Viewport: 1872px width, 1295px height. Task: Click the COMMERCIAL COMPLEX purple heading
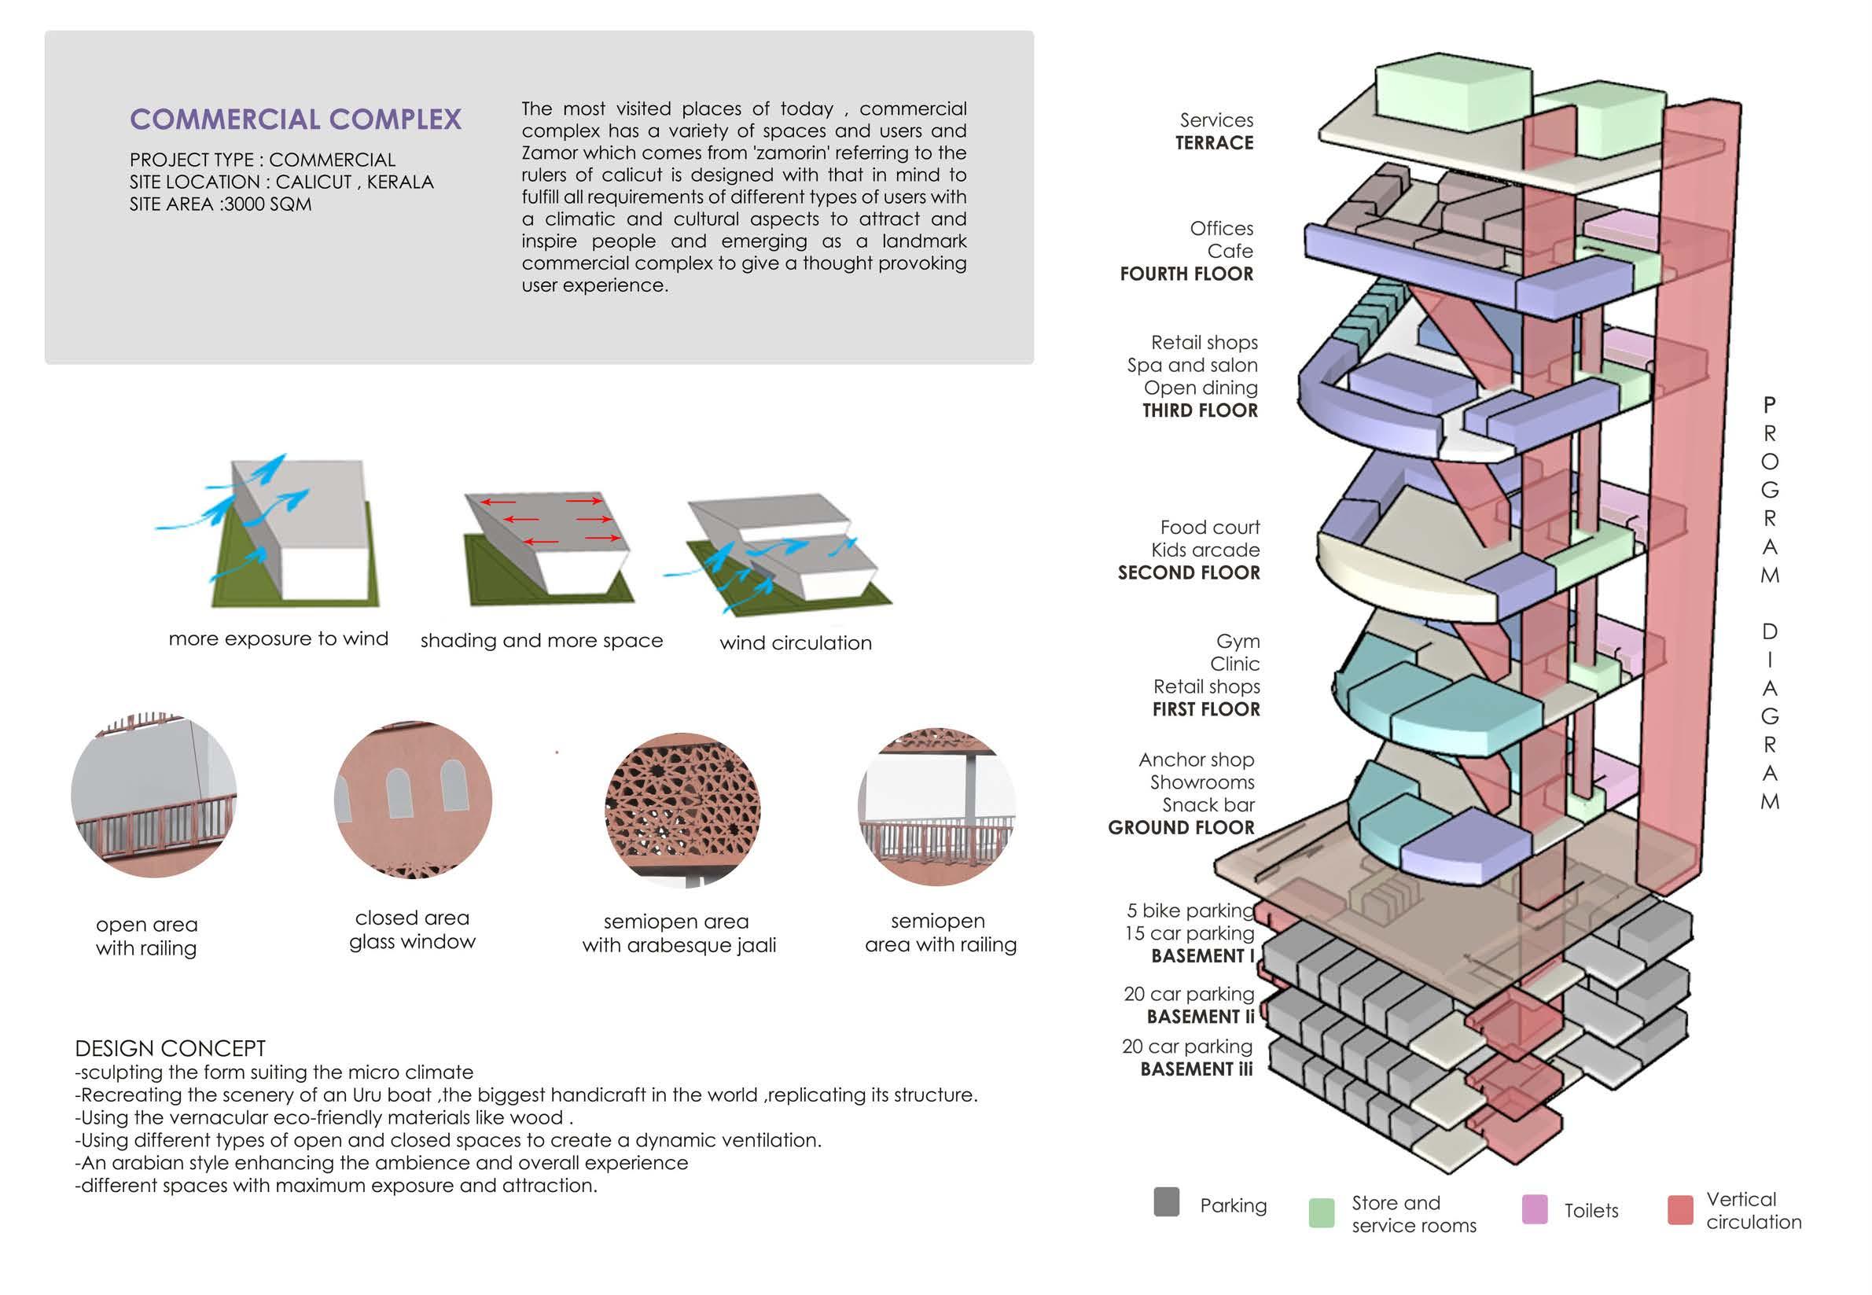296,120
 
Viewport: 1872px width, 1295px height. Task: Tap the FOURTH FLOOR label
1186,274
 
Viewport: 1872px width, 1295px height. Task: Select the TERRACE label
1214,144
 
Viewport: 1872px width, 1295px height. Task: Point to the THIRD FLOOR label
1199,410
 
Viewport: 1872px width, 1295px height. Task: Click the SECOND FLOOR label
1189,573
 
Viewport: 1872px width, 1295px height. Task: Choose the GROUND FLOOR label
1181,828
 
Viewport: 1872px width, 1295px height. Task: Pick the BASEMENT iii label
1196,1069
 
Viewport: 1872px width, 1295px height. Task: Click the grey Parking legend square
1166,1201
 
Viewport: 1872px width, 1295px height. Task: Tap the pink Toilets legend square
1534,1209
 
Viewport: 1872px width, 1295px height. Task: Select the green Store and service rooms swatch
1321,1212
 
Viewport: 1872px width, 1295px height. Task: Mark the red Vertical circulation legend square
1679,1209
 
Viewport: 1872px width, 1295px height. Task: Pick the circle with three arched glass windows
412,798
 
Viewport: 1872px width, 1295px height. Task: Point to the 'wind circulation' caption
795,643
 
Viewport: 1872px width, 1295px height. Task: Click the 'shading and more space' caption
541,641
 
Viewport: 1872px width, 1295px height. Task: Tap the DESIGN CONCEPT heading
171,1048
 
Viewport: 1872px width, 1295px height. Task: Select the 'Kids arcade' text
1205,550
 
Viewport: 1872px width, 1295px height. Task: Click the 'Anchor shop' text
1196,760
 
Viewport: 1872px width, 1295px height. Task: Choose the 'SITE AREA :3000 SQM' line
221,204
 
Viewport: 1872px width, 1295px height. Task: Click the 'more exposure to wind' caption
278,639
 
